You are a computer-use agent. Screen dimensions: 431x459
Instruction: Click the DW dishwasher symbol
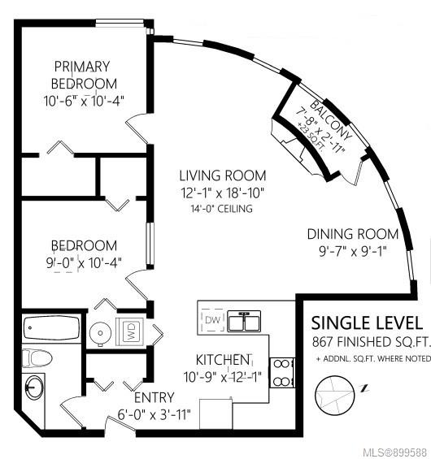point(213,319)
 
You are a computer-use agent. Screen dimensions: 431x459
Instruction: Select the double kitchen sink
point(244,321)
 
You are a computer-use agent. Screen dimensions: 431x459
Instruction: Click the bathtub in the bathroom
point(51,327)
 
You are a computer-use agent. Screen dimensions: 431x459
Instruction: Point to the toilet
point(37,357)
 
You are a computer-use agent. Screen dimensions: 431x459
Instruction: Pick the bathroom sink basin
point(34,388)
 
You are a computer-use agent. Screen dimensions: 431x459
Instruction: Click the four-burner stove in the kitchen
point(282,373)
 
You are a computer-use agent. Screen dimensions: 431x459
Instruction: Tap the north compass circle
point(334,395)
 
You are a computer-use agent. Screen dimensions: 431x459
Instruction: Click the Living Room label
point(223,175)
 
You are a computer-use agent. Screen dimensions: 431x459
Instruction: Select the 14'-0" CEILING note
point(221,209)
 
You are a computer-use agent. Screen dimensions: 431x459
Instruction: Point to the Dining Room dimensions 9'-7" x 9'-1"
point(353,251)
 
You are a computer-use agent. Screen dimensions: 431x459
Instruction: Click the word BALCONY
point(331,119)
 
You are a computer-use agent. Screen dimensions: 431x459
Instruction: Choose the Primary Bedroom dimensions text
point(84,102)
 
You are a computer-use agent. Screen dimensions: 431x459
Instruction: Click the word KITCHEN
point(223,360)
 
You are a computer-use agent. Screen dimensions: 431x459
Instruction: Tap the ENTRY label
point(155,397)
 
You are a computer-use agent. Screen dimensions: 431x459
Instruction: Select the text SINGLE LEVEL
point(367,323)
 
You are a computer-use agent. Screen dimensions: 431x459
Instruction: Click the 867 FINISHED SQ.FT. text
point(372,342)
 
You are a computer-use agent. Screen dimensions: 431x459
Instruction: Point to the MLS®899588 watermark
point(394,453)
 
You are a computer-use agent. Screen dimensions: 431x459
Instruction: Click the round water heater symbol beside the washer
point(101,333)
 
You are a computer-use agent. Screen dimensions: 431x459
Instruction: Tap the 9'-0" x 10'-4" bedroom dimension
point(84,263)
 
